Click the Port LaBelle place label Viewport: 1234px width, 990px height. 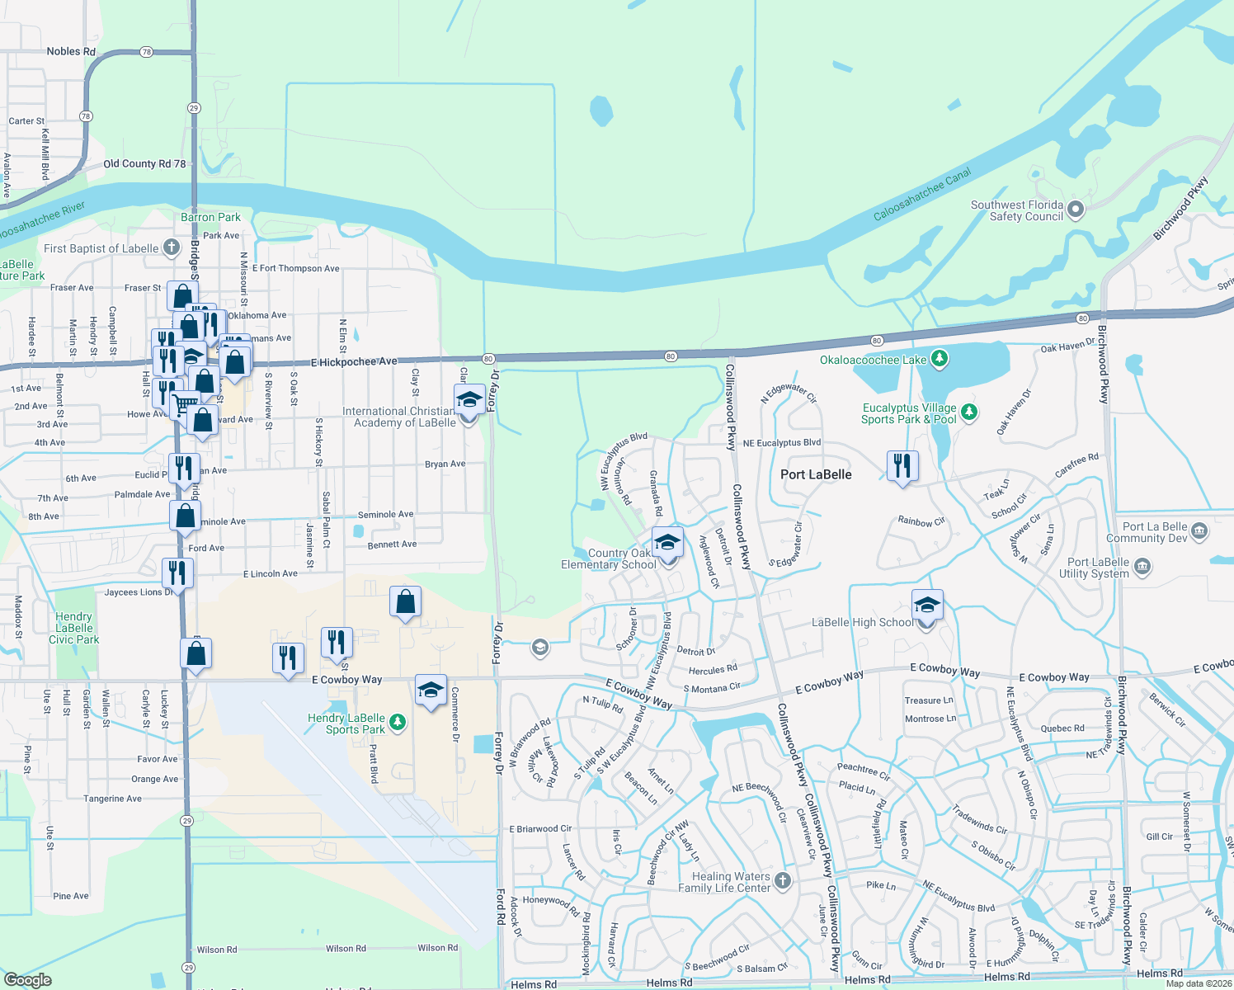click(x=816, y=474)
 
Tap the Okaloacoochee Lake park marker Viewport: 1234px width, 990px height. click(x=940, y=359)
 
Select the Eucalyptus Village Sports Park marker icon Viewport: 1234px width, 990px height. click(x=969, y=412)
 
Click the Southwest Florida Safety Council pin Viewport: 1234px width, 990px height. click(x=1075, y=210)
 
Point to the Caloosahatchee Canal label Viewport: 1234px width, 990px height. click(x=922, y=195)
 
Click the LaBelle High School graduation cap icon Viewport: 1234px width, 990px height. click(x=926, y=606)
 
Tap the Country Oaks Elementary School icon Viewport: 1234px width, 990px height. click(x=667, y=544)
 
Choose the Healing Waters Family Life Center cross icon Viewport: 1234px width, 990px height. click(x=783, y=881)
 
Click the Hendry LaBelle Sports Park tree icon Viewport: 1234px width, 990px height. click(x=398, y=723)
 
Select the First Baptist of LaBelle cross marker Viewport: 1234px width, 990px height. click(x=171, y=247)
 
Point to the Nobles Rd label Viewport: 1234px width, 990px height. click(x=71, y=51)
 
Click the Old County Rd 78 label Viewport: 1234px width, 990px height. click(x=144, y=163)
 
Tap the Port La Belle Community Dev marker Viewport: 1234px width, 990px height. click(x=1199, y=531)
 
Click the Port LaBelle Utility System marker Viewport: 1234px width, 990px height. click(x=1142, y=567)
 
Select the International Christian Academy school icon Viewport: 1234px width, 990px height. click(x=469, y=400)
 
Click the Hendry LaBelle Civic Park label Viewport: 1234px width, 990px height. click(x=73, y=628)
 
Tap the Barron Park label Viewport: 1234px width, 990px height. click(x=210, y=217)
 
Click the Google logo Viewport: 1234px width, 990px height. click(x=27, y=980)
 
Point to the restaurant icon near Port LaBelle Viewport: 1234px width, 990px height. click(x=902, y=466)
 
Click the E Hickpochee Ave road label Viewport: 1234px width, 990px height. click(x=354, y=361)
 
